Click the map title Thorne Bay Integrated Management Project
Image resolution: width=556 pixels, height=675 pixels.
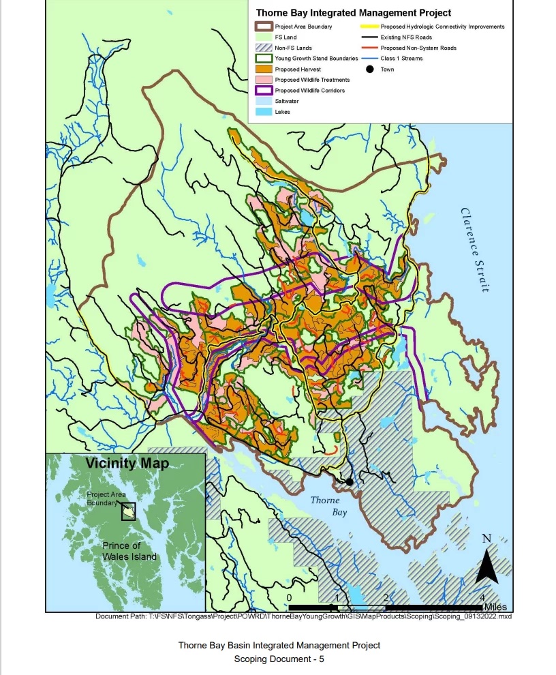(x=353, y=12)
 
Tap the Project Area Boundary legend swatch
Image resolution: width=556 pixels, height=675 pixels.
(x=263, y=27)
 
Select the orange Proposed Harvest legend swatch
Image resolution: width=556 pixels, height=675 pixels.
(x=263, y=69)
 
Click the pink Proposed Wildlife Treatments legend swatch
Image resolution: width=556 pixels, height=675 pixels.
(x=263, y=80)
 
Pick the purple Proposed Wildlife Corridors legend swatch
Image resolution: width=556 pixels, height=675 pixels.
(x=263, y=90)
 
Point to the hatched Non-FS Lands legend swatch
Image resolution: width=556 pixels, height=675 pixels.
(x=263, y=48)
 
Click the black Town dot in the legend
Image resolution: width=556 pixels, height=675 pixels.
(x=369, y=70)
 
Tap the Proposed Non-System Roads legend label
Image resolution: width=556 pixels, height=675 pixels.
(x=418, y=48)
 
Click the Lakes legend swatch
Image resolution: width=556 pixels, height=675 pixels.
(x=263, y=111)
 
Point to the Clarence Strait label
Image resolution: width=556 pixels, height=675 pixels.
(x=475, y=250)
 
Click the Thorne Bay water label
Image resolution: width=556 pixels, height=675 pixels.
(x=325, y=505)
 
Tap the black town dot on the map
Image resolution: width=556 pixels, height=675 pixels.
(x=349, y=481)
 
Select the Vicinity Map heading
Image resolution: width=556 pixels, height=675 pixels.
(x=127, y=464)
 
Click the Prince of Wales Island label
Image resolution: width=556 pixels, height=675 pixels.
(x=129, y=551)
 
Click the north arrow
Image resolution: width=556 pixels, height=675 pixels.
(x=486, y=562)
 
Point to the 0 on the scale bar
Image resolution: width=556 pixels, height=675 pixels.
(x=290, y=597)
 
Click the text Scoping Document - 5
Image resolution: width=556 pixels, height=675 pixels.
(x=279, y=659)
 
